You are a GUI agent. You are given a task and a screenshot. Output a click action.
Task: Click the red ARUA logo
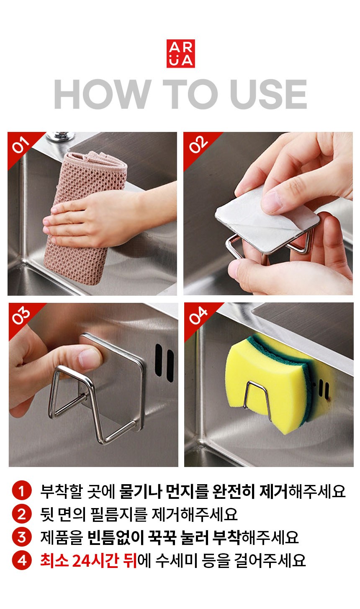181,54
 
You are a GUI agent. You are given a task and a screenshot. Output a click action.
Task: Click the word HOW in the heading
103,94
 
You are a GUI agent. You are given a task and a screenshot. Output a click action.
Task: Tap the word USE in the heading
268,94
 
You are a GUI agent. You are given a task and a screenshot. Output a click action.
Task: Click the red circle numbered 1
22,490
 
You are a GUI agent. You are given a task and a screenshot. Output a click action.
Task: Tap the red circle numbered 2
22,514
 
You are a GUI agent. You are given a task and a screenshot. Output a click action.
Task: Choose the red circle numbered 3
22,537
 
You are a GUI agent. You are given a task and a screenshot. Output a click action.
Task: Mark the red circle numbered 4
22,560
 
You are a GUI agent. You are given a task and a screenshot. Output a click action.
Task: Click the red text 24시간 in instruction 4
95,560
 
